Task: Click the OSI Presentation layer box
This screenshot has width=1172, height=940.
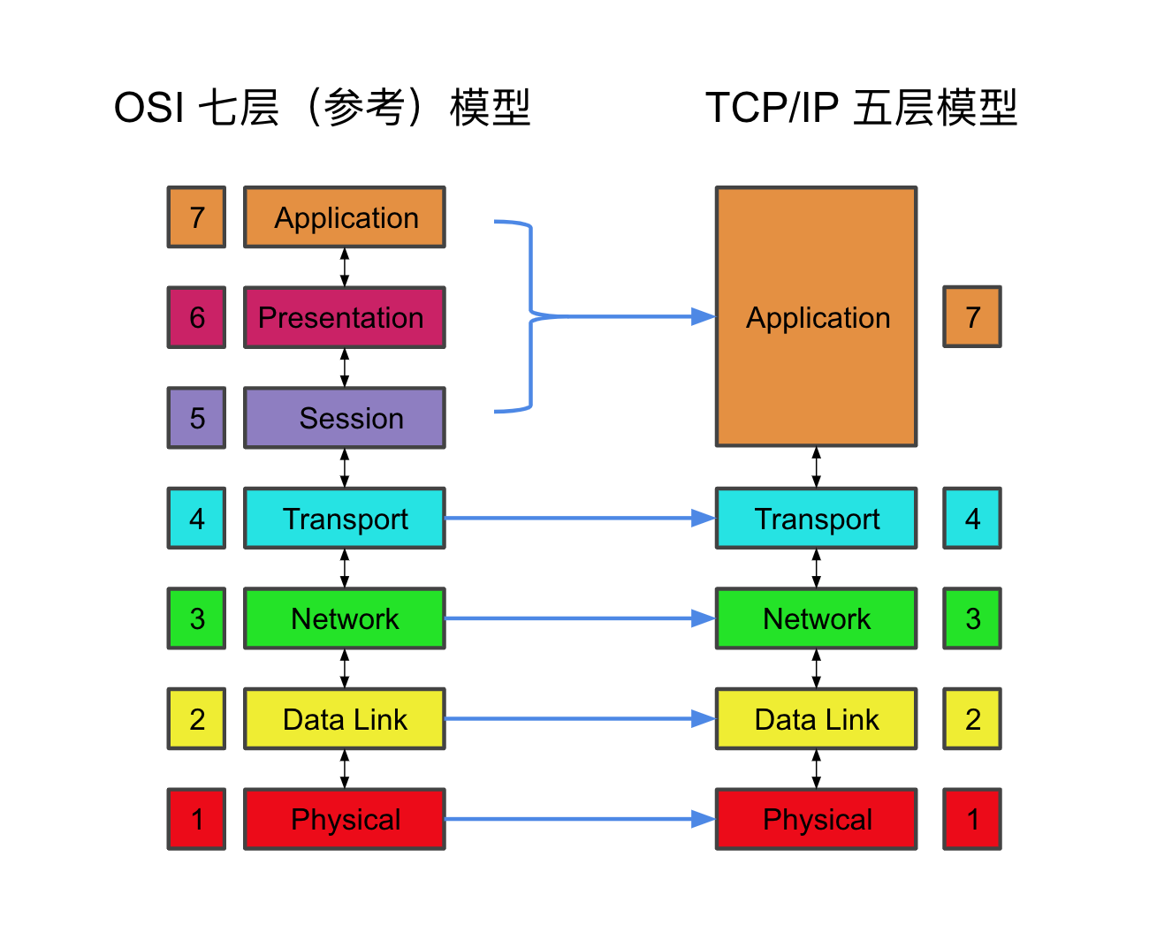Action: (344, 317)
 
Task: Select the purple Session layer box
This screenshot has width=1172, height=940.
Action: (344, 418)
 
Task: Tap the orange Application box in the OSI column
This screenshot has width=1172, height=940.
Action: (344, 217)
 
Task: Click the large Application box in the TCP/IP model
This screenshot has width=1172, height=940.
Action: (816, 316)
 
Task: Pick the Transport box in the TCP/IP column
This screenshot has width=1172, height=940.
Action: (816, 519)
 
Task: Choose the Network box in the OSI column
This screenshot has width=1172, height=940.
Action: (344, 618)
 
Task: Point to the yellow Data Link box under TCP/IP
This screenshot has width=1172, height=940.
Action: (816, 719)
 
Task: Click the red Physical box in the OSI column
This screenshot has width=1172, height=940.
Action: (344, 819)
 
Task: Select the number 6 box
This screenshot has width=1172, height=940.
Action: (196, 317)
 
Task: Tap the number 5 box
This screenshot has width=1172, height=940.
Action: (196, 418)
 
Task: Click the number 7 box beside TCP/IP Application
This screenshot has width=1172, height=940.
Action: (972, 316)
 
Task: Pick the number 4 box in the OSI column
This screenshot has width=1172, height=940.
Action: (196, 519)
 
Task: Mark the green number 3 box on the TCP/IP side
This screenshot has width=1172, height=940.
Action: (972, 618)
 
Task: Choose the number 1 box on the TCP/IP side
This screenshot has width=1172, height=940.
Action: (972, 819)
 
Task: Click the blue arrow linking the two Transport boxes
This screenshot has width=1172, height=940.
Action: (579, 519)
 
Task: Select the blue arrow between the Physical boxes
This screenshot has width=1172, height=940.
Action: (579, 819)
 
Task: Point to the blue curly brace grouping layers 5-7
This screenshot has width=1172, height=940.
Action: (530, 315)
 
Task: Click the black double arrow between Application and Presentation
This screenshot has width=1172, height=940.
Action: (345, 267)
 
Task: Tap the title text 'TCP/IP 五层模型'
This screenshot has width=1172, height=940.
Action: (861, 108)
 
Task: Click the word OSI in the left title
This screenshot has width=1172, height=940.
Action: (148, 108)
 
